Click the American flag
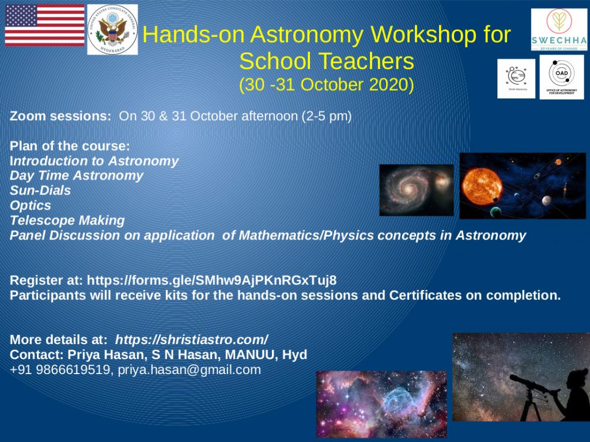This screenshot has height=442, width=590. click(x=44, y=25)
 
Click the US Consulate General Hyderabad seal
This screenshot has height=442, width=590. click(x=112, y=29)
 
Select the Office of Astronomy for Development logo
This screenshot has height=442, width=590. click(x=561, y=77)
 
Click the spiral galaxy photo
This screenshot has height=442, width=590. click(x=416, y=190)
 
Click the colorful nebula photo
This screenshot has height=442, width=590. click(x=381, y=404)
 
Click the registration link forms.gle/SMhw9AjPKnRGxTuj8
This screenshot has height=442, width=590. click(x=211, y=280)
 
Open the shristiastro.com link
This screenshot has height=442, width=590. click(x=191, y=340)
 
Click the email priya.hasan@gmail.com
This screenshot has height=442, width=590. click(x=189, y=369)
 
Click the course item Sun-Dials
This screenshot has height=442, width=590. click(x=40, y=190)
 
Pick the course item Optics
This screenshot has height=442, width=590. click(x=31, y=205)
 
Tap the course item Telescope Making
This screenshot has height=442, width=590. click(x=67, y=220)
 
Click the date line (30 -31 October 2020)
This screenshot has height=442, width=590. click(x=326, y=85)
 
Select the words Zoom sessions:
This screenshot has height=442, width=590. click(x=60, y=116)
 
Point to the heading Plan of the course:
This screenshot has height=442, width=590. click(x=70, y=146)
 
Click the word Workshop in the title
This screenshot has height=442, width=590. click(x=402, y=35)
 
